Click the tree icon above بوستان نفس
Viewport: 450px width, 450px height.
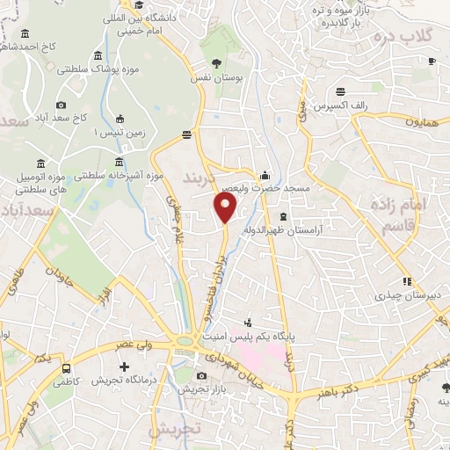(x=216, y=62)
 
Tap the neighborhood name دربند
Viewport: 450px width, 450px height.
(x=198, y=178)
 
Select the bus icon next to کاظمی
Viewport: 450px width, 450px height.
(x=67, y=369)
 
